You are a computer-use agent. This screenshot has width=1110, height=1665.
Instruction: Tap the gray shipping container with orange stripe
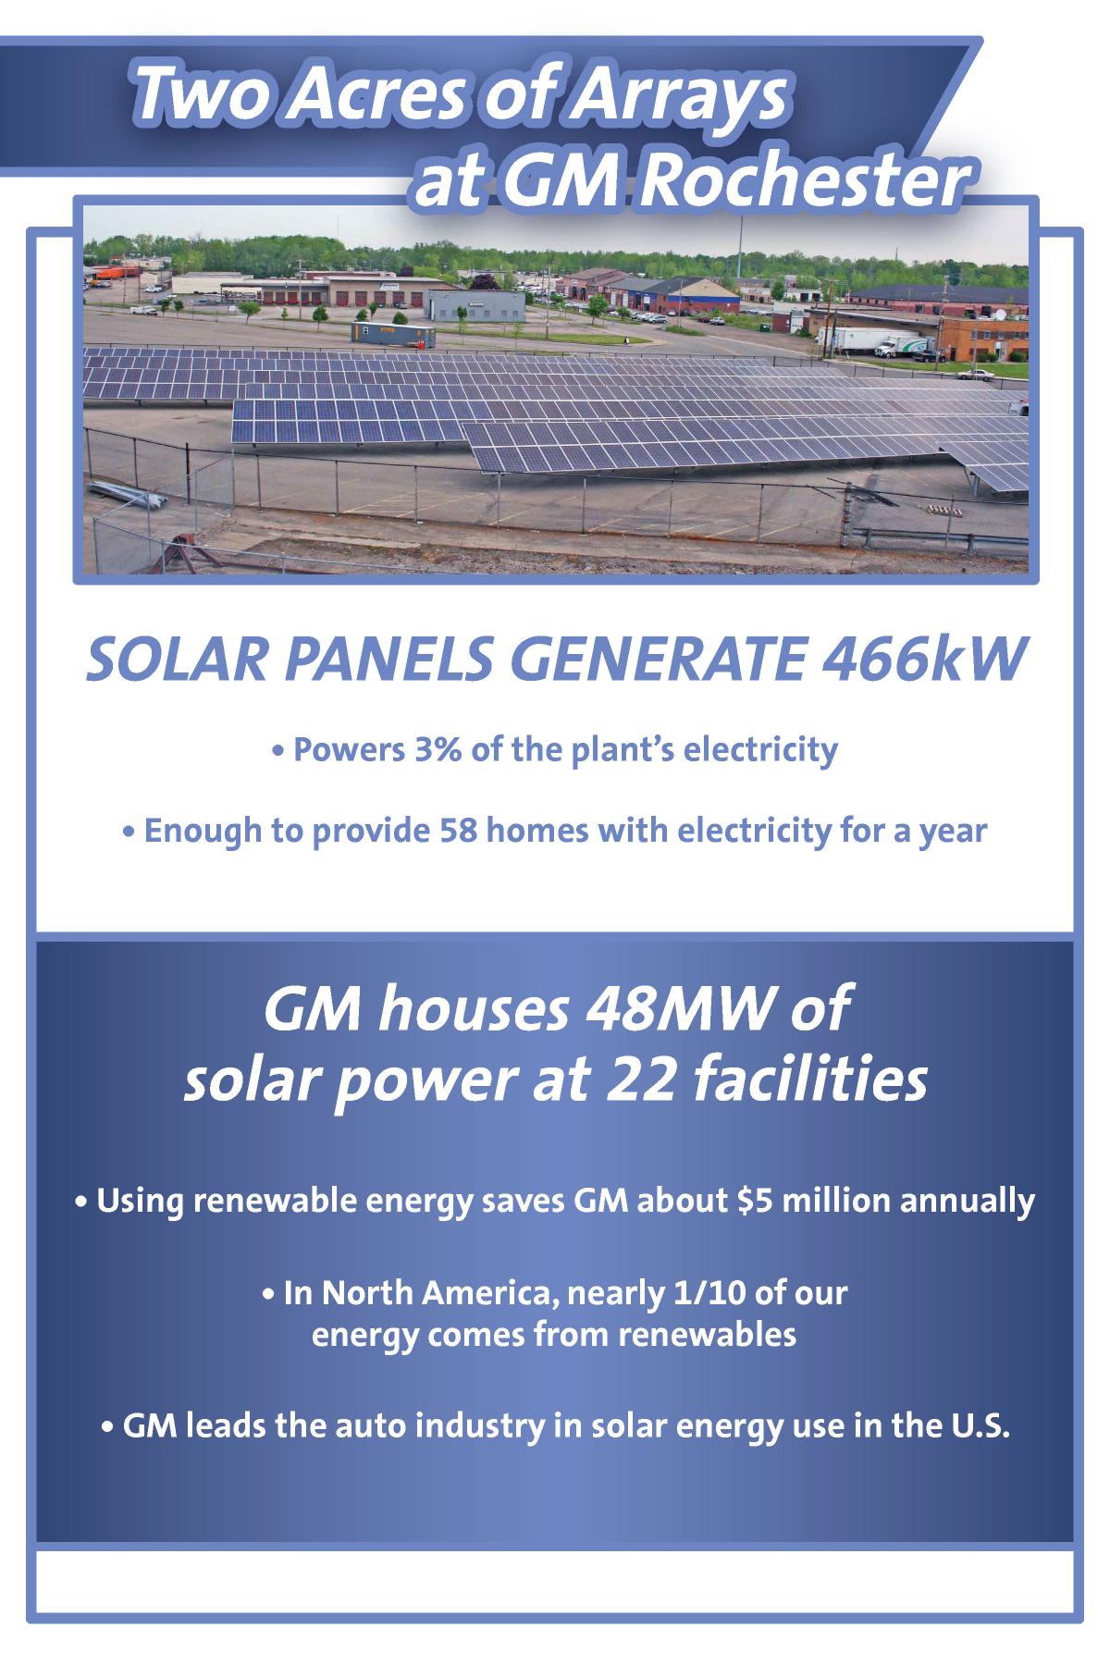(392, 337)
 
